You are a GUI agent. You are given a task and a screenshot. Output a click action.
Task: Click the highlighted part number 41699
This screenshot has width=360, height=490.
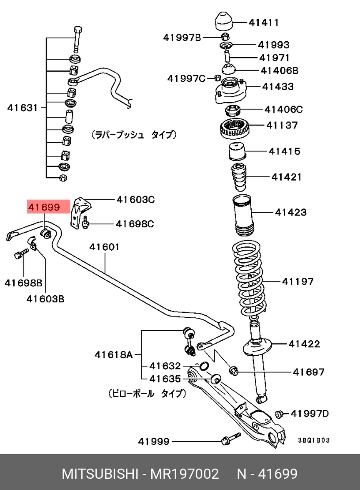[x=44, y=207]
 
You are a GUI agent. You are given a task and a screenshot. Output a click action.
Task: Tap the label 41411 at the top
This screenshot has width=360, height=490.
[x=264, y=22]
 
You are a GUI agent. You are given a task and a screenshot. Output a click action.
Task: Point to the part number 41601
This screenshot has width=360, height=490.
[x=104, y=247]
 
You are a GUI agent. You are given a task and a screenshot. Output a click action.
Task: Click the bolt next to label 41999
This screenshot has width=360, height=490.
[x=229, y=439]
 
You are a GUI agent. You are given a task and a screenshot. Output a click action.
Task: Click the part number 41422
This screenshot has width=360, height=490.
[x=304, y=344]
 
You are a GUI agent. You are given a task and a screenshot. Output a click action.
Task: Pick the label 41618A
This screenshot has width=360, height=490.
[x=113, y=355]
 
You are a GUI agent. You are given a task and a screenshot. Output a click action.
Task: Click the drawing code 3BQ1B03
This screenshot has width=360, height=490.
[x=314, y=440]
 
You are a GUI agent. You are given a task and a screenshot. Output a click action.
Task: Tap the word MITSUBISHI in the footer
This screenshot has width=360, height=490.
[x=100, y=474]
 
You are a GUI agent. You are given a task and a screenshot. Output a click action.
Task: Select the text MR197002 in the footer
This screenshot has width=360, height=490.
[x=185, y=474]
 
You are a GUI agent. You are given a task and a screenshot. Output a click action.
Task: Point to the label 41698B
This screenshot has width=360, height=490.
[x=23, y=283]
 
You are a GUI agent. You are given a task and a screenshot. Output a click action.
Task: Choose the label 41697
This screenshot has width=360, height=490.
[x=308, y=372]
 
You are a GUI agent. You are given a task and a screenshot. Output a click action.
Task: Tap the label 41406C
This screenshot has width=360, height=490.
[x=283, y=110]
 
